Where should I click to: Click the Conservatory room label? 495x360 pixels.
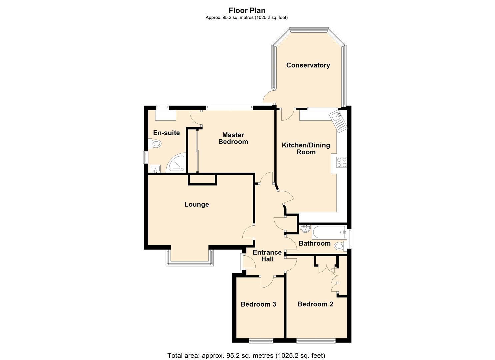click(x=308, y=65)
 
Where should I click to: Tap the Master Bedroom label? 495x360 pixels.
click(x=233, y=138)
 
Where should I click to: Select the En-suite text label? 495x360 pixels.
click(x=166, y=133)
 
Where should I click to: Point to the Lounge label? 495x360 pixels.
click(x=196, y=204)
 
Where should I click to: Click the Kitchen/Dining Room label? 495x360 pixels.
click(x=306, y=149)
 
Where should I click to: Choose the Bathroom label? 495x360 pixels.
click(x=314, y=243)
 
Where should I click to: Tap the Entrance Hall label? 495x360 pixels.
click(x=267, y=256)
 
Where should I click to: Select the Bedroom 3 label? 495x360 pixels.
click(x=258, y=304)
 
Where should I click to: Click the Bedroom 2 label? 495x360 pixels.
click(x=315, y=304)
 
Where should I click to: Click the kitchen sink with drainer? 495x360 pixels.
click(x=338, y=121)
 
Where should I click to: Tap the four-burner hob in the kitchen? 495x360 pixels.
click(x=342, y=162)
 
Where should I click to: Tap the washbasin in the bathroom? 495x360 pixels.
click(x=305, y=229)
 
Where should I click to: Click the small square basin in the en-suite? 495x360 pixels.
click(x=155, y=169)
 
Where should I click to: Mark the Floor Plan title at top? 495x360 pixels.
click(x=247, y=11)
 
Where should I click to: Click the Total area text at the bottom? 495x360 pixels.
click(x=246, y=355)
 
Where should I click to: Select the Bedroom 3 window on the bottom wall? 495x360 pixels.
click(x=261, y=341)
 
